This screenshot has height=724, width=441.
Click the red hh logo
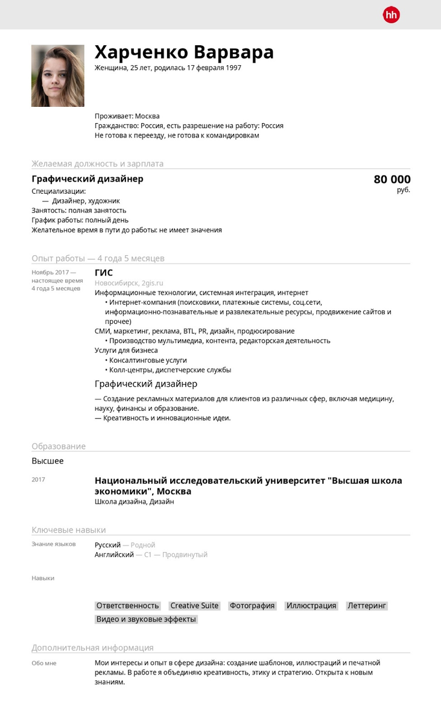click(392, 15)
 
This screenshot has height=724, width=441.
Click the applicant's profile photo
click(58, 75)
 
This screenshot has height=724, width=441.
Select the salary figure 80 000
click(392, 179)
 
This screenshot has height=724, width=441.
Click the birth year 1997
click(233, 68)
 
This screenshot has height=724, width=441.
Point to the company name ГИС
click(104, 273)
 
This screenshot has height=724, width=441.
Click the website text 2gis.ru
click(152, 283)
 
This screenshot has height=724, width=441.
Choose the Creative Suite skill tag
click(194, 606)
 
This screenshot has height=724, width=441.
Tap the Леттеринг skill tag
click(367, 606)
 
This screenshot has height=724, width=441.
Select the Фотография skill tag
click(252, 606)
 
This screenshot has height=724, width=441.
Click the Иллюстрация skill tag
click(311, 606)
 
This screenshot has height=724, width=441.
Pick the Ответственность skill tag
click(128, 606)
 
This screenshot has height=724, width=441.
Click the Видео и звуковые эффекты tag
click(146, 619)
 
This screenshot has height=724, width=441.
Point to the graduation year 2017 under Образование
click(39, 480)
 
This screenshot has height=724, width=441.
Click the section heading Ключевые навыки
click(69, 530)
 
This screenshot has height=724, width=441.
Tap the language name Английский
click(114, 554)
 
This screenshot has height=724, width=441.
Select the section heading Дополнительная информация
click(92, 647)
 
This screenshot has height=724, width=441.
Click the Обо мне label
click(44, 663)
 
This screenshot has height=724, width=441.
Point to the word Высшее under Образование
click(48, 461)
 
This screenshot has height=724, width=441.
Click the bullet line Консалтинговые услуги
click(148, 360)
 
